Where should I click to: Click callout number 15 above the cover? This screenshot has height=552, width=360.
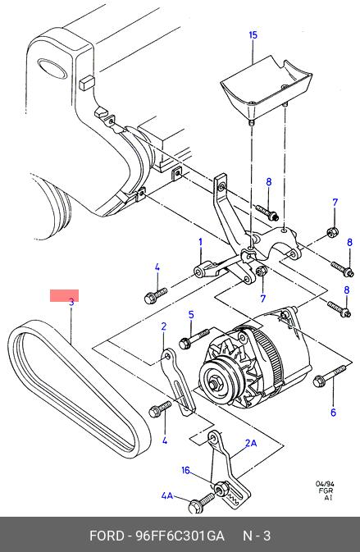tap(253, 35)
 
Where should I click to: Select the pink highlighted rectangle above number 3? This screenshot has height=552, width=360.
tap(64, 296)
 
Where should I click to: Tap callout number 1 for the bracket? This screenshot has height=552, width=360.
tap(201, 242)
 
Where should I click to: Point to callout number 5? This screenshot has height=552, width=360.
tap(191, 314)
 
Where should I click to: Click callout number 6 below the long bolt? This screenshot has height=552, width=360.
tap(333, 413)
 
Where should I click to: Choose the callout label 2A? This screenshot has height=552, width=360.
tap(251, 443)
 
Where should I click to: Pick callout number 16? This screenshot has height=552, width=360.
tap(185, 470)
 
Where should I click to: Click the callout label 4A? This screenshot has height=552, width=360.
tap(167, 495)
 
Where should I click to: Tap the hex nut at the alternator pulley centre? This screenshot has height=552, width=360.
tap(214, 383)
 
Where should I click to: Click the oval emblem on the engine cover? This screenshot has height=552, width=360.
tap(52, 69)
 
